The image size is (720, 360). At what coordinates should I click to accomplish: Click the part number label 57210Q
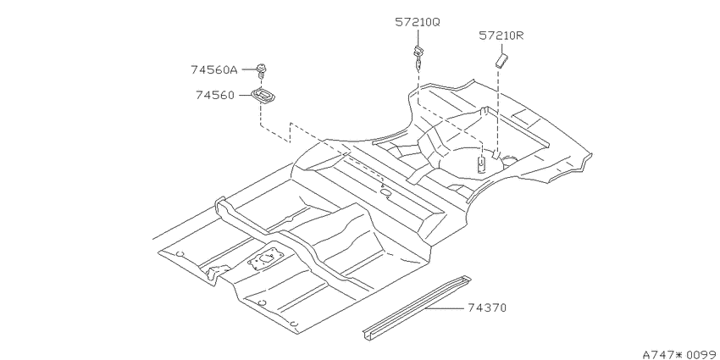[x=418, y=22]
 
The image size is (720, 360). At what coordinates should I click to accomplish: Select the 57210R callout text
[x=501, y=36]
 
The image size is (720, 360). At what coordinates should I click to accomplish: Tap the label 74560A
[x=214, y=69]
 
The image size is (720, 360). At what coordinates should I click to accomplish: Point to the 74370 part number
[x=487, y=307]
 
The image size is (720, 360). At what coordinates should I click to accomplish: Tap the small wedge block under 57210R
[x=501, y=60]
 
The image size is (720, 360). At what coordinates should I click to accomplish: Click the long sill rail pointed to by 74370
[x=417, y=307]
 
